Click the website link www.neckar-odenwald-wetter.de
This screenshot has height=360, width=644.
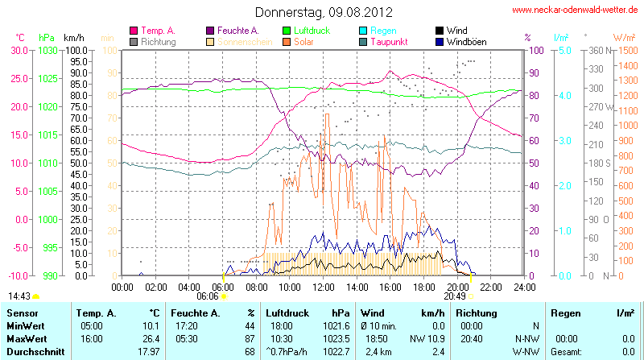click(x=576, y=10)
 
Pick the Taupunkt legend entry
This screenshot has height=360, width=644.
click(x=389, y=41)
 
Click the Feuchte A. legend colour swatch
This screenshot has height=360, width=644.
click(x=212, y=31)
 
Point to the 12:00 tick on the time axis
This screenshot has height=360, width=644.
click(x=324, y=286)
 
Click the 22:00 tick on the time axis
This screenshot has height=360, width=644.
click(x=491, y=286)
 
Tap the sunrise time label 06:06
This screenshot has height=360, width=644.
click(x=208, y=296)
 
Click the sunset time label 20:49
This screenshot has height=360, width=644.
click(x=455, y=296)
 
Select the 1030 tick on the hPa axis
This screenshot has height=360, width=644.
click(x=47, y=50)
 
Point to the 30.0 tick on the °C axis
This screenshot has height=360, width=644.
click(x=18, y=50)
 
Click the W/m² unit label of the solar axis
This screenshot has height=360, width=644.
click(x=624, y=37)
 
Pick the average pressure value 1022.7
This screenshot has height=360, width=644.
click(x=340, y=351)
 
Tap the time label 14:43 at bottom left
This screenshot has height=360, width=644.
click(x=19, y=296)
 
